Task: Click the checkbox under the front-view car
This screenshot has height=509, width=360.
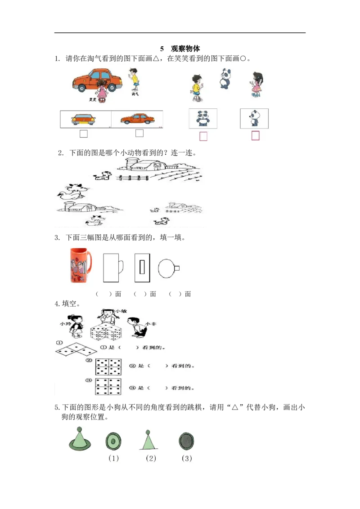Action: point(83,134)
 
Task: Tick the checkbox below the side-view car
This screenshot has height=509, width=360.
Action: point(139,133)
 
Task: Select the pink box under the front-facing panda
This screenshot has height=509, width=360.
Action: point(203,136)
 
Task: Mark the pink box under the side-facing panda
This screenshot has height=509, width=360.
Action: point(256,135)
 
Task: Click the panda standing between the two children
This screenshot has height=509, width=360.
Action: point(225,79)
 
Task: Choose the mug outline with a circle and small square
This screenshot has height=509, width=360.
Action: point(168,268)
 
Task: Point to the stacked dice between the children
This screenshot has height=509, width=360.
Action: point(104,333)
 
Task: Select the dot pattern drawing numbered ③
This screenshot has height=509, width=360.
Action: point(108,386)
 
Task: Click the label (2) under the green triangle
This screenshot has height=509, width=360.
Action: point(151,459)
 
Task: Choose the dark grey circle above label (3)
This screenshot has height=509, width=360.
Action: point(186,441)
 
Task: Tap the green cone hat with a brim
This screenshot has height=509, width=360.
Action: point(80,439)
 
